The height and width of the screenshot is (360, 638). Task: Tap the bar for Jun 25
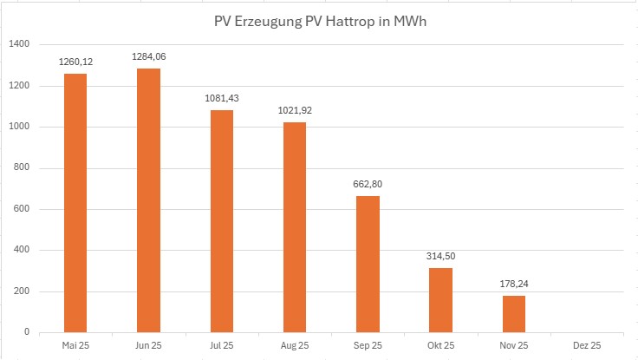click(147, 200)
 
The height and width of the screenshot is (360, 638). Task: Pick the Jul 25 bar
click(221, 220)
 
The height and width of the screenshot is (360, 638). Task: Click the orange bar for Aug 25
click(294, 226)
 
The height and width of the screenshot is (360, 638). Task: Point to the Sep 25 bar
click(368, 264)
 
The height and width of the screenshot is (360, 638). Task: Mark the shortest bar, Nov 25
click(514, 313)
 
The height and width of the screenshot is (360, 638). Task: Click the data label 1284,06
click(147, 56)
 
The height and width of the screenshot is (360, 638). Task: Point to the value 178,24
click(514, 284)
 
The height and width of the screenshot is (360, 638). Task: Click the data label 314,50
click(440, 256)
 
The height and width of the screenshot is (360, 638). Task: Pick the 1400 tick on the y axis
click(20, 44)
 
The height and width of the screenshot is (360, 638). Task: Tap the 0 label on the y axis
click(28, 332)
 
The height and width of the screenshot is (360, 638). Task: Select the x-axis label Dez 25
click(587, 345)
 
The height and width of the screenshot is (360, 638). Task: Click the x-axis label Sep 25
click(368, 345)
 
